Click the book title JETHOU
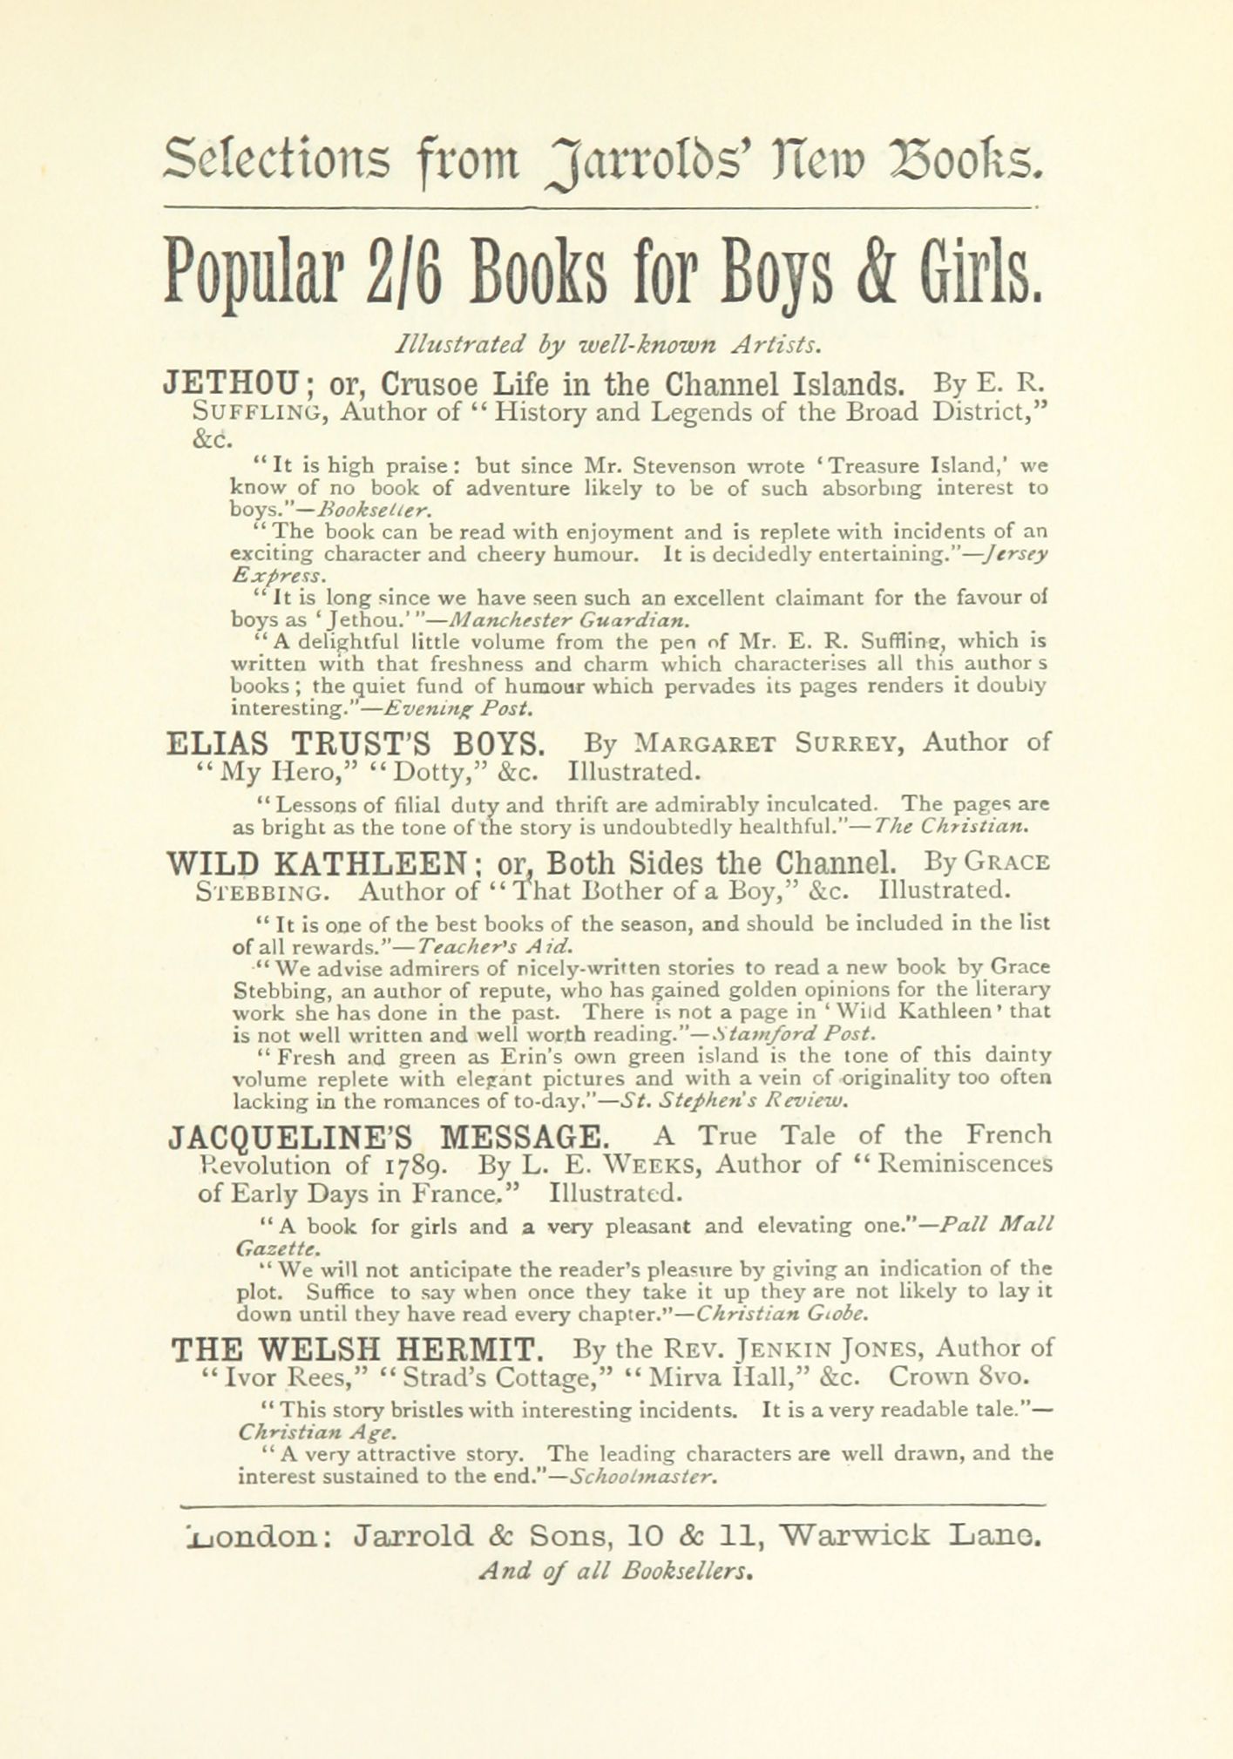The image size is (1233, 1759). click(231, 383)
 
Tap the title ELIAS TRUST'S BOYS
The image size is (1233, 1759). click(356, 744)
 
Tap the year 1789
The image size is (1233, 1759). click(417, 1166)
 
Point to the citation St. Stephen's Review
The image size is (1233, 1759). click(735, 1100)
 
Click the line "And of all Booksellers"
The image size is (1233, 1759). click(616, 1570)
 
